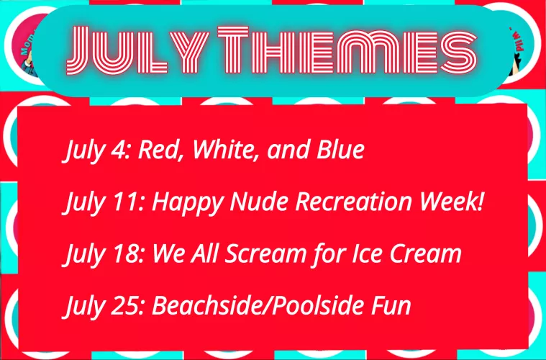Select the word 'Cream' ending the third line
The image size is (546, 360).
pyautogui.click(x=427, y=254)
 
